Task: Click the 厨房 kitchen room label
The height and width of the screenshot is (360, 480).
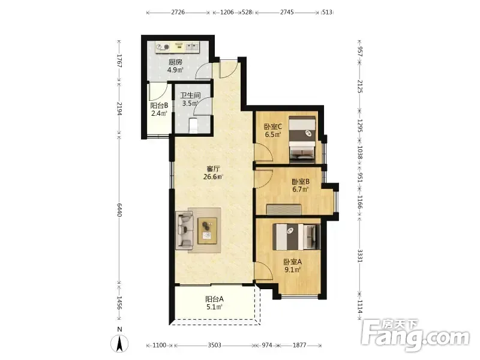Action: coord(175,62)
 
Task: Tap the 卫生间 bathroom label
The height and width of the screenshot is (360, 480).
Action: coord(190,95)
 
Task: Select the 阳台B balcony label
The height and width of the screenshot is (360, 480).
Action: coord(159,106)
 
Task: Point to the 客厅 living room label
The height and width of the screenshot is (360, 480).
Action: coord(214,169)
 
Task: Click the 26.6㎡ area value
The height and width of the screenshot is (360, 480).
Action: coord(214,176)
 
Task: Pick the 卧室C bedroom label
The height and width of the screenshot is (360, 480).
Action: coord(273,127)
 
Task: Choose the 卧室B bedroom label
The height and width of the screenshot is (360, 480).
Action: coord(301,182)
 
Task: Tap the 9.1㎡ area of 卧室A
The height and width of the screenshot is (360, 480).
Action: coord(292,269)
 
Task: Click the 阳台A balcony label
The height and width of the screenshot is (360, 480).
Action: coord(214,299)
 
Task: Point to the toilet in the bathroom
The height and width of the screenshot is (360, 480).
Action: coord(193,125)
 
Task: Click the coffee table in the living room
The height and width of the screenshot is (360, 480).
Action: coord(208,230)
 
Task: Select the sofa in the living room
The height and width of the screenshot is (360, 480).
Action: coord(184,230)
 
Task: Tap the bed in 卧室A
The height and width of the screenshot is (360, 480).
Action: coord(296,236)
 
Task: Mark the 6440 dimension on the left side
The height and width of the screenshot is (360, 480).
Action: coord(119,209)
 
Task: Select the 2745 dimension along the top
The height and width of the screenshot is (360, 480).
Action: coord(287,12)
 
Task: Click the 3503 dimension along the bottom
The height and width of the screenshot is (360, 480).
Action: coord(214,346)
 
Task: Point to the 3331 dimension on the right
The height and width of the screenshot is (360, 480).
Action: coord(360,256)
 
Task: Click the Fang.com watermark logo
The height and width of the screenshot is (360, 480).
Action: coord(415,335)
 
